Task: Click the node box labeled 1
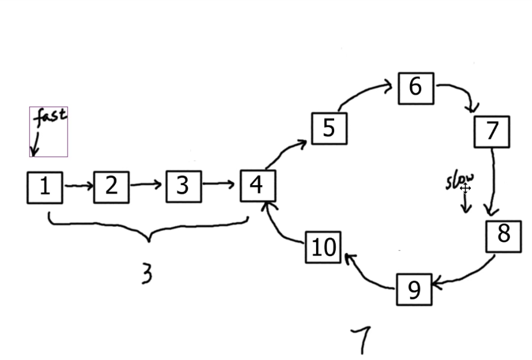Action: pyautogui.click(x=45, y=187)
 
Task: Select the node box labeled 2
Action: pyautogui.click(x=111, y=187)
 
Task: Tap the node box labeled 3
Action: pyautogui.click(x=183, y=186)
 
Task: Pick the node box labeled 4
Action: pyautogui.click(x=258, y=186)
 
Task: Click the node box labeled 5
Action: pyautogui.click(x=329, y=128)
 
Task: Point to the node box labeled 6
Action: pyautogui.click(x=415, y=88)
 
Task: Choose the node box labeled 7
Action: pyautogui.click(x=492, y=132)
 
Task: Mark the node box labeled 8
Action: pyautogui.click(x=504, y=236)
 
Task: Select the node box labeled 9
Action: pyautogui.click(x=414, y=290)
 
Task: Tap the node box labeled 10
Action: pyautogui.click(x=323, y=247)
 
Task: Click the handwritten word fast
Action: pyautogui.click(x=50, y=117)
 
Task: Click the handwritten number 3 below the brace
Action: pyautogui.click(x=147, y=273)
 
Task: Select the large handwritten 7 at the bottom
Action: pyautogui.click(x=362, y=339)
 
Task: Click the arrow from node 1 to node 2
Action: pyautogui.click(x=78, y=186)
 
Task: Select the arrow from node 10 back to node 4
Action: pyautogui.click(x=280, y=225)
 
